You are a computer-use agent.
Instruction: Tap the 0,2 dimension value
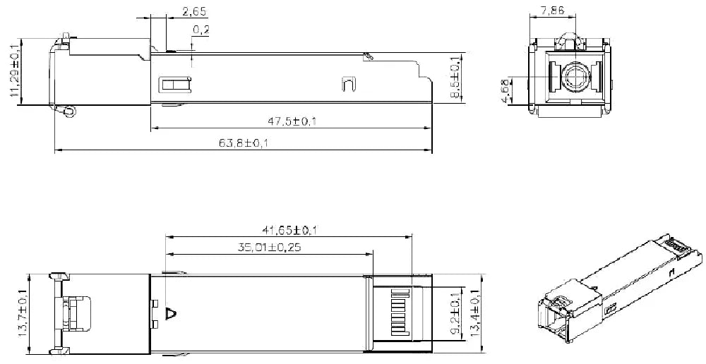(x=201, y=30)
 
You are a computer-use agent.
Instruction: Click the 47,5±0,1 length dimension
(x=292, y=121)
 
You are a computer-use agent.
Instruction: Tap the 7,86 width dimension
(x=552, y=11)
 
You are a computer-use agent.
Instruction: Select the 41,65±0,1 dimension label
(x=290, y=231)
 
